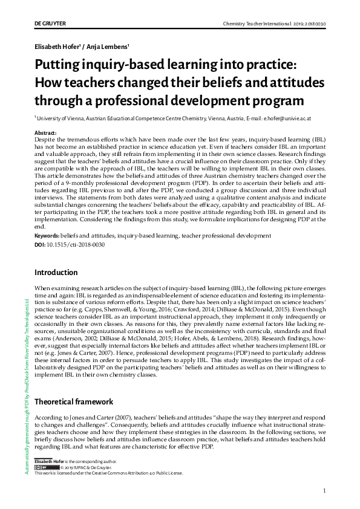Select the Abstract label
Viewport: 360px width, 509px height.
45,132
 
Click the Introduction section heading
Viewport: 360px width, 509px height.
56,273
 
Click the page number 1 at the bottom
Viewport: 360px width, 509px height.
325,490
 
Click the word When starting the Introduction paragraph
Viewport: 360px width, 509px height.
42,289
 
